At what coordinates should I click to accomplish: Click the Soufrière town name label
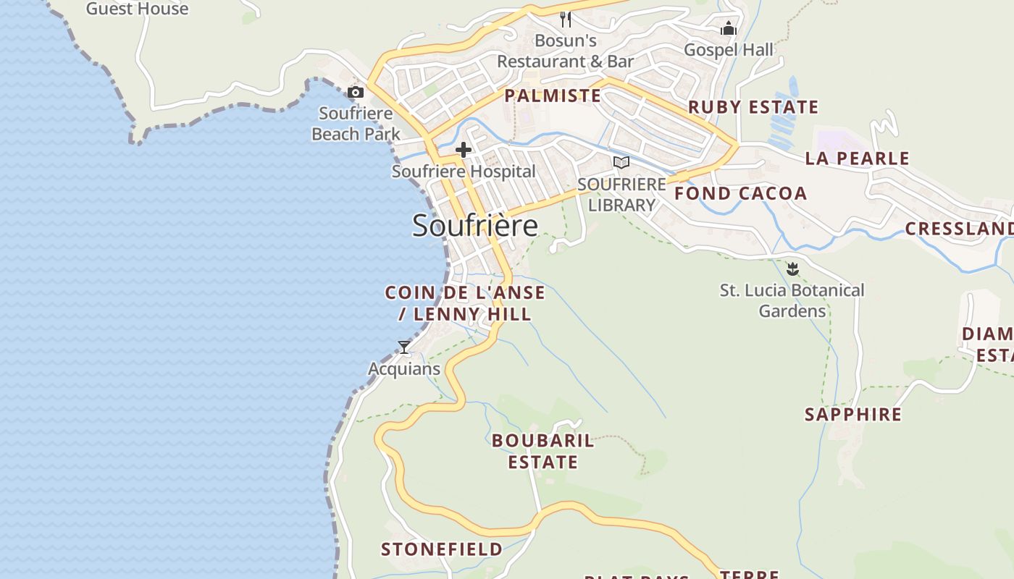[x=475, y=226]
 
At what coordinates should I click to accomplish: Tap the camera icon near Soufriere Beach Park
[x=356, y=92]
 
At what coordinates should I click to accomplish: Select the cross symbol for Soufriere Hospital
[x=464, y=150]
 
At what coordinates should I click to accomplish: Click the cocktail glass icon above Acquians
[x=404, y=347]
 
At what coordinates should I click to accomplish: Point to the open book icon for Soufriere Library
[x=621, y=162]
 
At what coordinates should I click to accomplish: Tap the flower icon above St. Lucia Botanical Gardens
[x=792, y=269]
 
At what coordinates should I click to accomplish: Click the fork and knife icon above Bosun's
[x=566, y=20]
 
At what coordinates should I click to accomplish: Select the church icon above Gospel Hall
[x=729, y=28]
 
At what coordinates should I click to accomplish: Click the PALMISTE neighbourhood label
[x=553, y=96]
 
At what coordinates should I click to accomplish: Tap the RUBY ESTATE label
[x=753, y=107]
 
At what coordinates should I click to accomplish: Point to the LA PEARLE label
[x=857, y=159]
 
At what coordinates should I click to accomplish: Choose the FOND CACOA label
[x=740, y=193]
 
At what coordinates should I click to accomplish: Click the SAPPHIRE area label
[x=853, y=415]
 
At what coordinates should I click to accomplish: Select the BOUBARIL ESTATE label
[x=543, y=451]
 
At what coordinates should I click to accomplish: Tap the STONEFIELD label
[x=442, y=549]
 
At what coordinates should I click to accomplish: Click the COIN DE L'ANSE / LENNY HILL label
[x=465, y=303]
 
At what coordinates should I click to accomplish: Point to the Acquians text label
[x=404, y=369]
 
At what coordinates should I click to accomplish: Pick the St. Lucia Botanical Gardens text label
[x=792, y=300]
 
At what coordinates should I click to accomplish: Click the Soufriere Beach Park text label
[x=356, y=124]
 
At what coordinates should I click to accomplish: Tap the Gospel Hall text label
[x=729, y=50]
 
